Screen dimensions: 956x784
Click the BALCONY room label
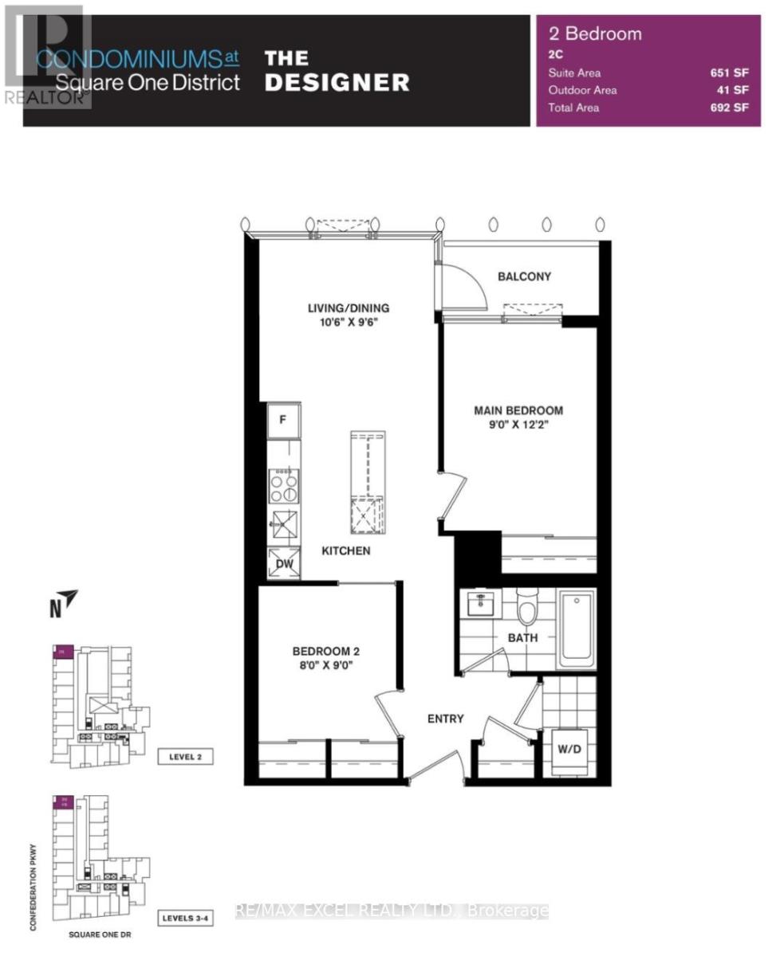524,276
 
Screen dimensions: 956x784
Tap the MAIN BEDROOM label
518,410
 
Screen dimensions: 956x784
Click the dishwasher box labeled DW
284,564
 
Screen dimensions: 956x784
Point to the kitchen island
368,484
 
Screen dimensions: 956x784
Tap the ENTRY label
445,719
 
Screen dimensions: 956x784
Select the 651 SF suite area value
730,72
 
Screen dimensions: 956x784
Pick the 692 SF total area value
730,108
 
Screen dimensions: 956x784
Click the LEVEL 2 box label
185,757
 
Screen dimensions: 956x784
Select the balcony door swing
464,285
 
